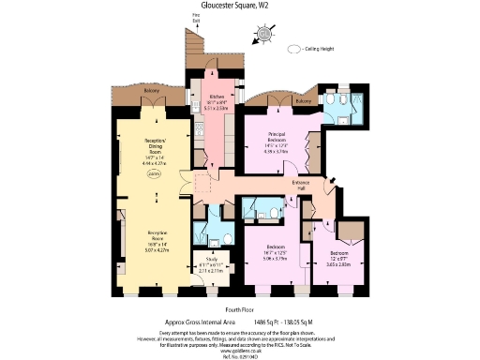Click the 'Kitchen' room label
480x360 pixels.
pos(215,97)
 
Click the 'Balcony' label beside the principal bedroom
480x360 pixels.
pos(303,102)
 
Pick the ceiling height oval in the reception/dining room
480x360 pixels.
pos(156,174)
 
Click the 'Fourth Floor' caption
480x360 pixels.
pos(239,308)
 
